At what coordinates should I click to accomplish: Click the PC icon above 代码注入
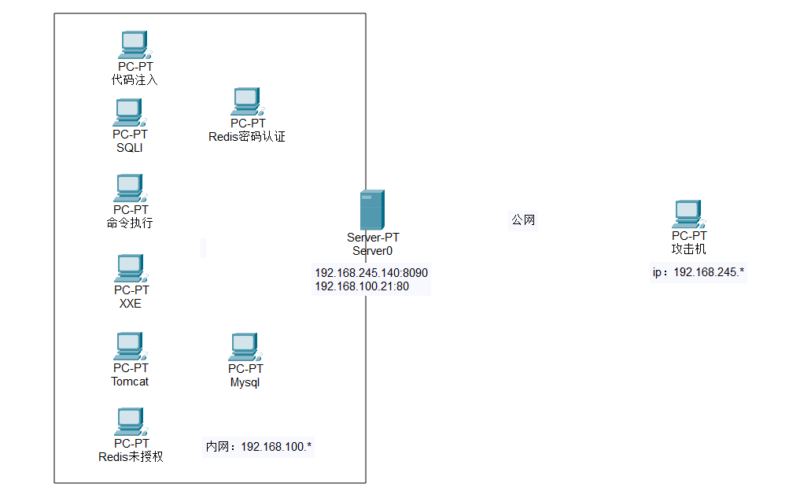135,45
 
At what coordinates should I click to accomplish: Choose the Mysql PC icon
245,347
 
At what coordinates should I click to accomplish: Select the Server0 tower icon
371,209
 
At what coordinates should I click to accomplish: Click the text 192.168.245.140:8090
371,273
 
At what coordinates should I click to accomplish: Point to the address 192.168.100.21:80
362,287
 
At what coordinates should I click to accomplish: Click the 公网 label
523,220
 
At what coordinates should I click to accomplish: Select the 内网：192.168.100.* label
259,447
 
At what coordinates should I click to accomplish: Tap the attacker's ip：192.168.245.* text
699,273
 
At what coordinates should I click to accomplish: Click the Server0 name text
372,251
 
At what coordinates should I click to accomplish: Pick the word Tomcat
130,382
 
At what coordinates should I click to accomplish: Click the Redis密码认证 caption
247,137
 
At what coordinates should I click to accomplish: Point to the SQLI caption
130,148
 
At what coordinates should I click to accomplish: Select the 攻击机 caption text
688,249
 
